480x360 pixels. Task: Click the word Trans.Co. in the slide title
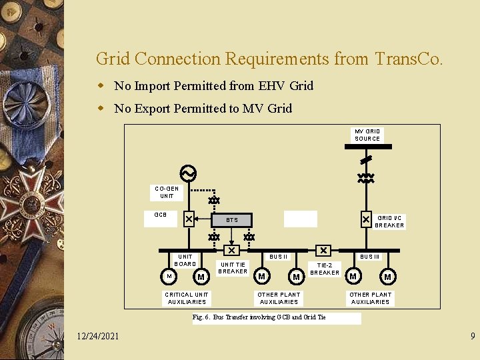(x=407, y=59)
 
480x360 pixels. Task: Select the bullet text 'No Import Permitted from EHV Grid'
(x=213, y=86)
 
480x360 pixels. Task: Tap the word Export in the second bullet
(x=155, y=109)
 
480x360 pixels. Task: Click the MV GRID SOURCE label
(x=367, y=135)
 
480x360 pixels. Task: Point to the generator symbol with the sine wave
(x=188, y=174)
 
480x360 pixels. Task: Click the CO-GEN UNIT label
(x=167, y=192)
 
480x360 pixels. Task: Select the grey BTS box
(x=231, y=219)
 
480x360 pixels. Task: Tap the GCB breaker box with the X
(x=189, y=219)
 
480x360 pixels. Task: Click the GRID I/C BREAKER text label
(x=389, y=221)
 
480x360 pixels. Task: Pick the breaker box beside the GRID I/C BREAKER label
(x=366, y=219)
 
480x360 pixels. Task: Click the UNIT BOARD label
(x=185, y=260)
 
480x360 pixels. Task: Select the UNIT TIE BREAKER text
(x=233, y=268)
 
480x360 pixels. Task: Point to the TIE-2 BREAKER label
(x=325, y=269)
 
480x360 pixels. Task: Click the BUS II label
(x=278, y=257)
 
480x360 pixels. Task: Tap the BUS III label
(x=370, y=257)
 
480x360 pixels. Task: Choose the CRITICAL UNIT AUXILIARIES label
(x=187, y=298)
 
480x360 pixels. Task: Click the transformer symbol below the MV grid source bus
(x=366, y=179)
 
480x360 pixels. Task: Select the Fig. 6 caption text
(x=259, y=317)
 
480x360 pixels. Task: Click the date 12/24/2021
(x=98, y=336)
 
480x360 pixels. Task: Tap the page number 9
(x=472, y=337)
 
